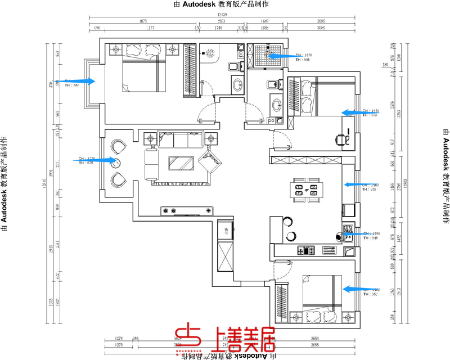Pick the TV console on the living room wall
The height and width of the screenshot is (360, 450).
[x=187, y=211]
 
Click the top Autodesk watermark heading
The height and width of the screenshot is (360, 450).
[x=222, y=4]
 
